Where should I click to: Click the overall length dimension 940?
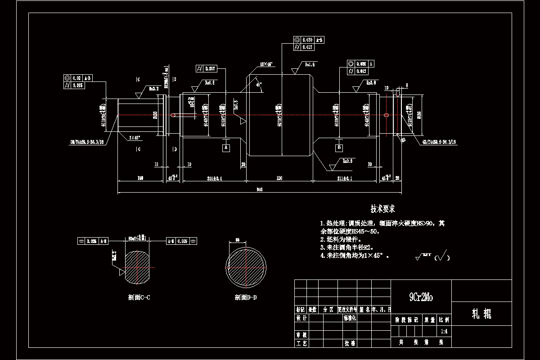259,189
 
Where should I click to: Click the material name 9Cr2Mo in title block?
421,297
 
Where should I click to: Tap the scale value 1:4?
444,331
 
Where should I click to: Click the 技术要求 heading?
382,209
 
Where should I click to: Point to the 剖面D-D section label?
246,297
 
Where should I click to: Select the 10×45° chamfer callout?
266,64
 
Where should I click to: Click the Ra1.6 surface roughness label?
310,65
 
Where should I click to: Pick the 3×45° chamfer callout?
134,137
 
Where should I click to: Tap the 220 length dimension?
279,178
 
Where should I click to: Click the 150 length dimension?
140,178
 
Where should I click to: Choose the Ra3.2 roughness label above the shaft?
154,89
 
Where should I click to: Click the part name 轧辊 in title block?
481,314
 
